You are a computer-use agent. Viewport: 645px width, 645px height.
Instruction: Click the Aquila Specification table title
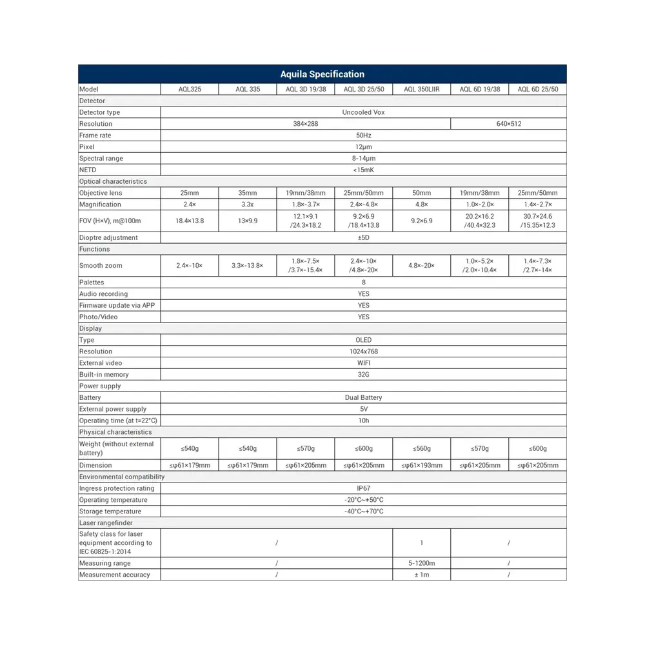pyautogui.click(x=322, y=74)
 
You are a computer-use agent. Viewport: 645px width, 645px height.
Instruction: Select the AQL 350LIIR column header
pyautogui.click(x=421, y=90)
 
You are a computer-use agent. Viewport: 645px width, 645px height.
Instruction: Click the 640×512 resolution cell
pyautogui.click(x=508, y=124)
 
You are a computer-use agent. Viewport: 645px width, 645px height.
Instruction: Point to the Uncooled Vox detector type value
pyautogui.click(x=363, y=112)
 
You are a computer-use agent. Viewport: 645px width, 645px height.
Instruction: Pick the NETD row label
pyautogui.click(x=87, y=170)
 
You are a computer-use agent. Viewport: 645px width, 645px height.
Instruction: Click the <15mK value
pyautogui.click(x=363, y=170)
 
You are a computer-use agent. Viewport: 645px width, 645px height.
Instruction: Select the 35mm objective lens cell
pyautogui.click(x=247, y=193)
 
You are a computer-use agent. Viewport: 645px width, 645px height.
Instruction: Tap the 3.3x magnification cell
pyautogui.click(x=247, y=204)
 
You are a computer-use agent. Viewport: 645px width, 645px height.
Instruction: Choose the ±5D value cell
pyautogui.click(x=363, y=237)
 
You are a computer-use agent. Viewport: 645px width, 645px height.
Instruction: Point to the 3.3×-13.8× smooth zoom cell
pyautogui.click(x=247, y=266)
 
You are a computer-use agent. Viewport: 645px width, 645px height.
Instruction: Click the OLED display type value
pyautogui.click(x=363, y=340)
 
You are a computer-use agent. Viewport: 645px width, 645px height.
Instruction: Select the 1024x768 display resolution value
pyautogui.click(x=363, y=352)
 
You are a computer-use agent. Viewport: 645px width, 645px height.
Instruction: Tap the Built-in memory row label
pyautogui.click(x=104, y=375)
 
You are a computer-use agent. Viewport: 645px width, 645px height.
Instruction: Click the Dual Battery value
pyautogui.click(x=363, y=398)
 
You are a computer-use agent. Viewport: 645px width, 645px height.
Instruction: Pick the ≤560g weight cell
pyautogui.click(x=421, y=448)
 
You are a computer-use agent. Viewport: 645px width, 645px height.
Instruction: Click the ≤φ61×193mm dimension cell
pyautogui.click(x=421, y=465)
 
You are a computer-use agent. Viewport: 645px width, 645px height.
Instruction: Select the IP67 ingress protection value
pyautogui.click(x=363, y=488)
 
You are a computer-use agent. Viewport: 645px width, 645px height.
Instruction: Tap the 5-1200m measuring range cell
pyautogui.click(x=421, y=563)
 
